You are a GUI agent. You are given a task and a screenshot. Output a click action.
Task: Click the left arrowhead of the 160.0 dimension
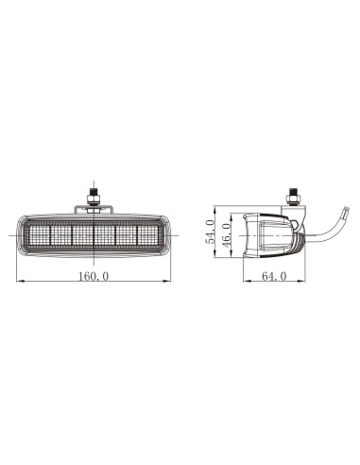[20, 282]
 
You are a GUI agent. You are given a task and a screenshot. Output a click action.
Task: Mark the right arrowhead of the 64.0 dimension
[304, 282]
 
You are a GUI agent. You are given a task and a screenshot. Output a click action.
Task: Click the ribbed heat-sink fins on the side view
[297, 236]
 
